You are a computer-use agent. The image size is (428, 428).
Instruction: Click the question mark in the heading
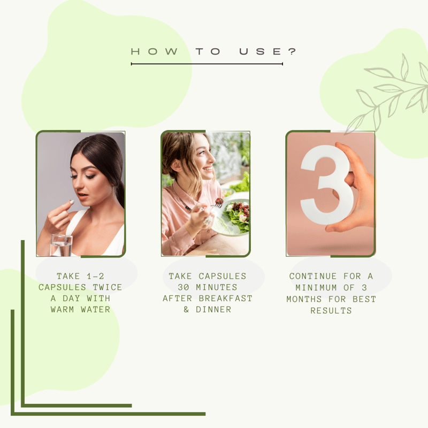292,51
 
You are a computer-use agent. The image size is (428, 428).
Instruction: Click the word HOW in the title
155,51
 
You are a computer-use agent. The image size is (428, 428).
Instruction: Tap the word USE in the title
260,51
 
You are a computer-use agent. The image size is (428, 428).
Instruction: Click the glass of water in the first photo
61,245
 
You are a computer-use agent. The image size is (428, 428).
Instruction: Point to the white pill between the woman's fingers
72,202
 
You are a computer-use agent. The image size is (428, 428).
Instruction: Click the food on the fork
219,202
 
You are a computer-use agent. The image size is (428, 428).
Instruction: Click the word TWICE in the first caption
108,287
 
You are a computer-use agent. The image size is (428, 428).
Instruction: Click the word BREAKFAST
225,299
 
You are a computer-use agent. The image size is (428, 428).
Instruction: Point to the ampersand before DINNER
186,310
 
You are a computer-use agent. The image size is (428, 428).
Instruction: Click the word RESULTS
331,311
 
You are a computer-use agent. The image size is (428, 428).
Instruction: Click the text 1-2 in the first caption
95,276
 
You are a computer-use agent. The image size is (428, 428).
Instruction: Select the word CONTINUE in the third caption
313,276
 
